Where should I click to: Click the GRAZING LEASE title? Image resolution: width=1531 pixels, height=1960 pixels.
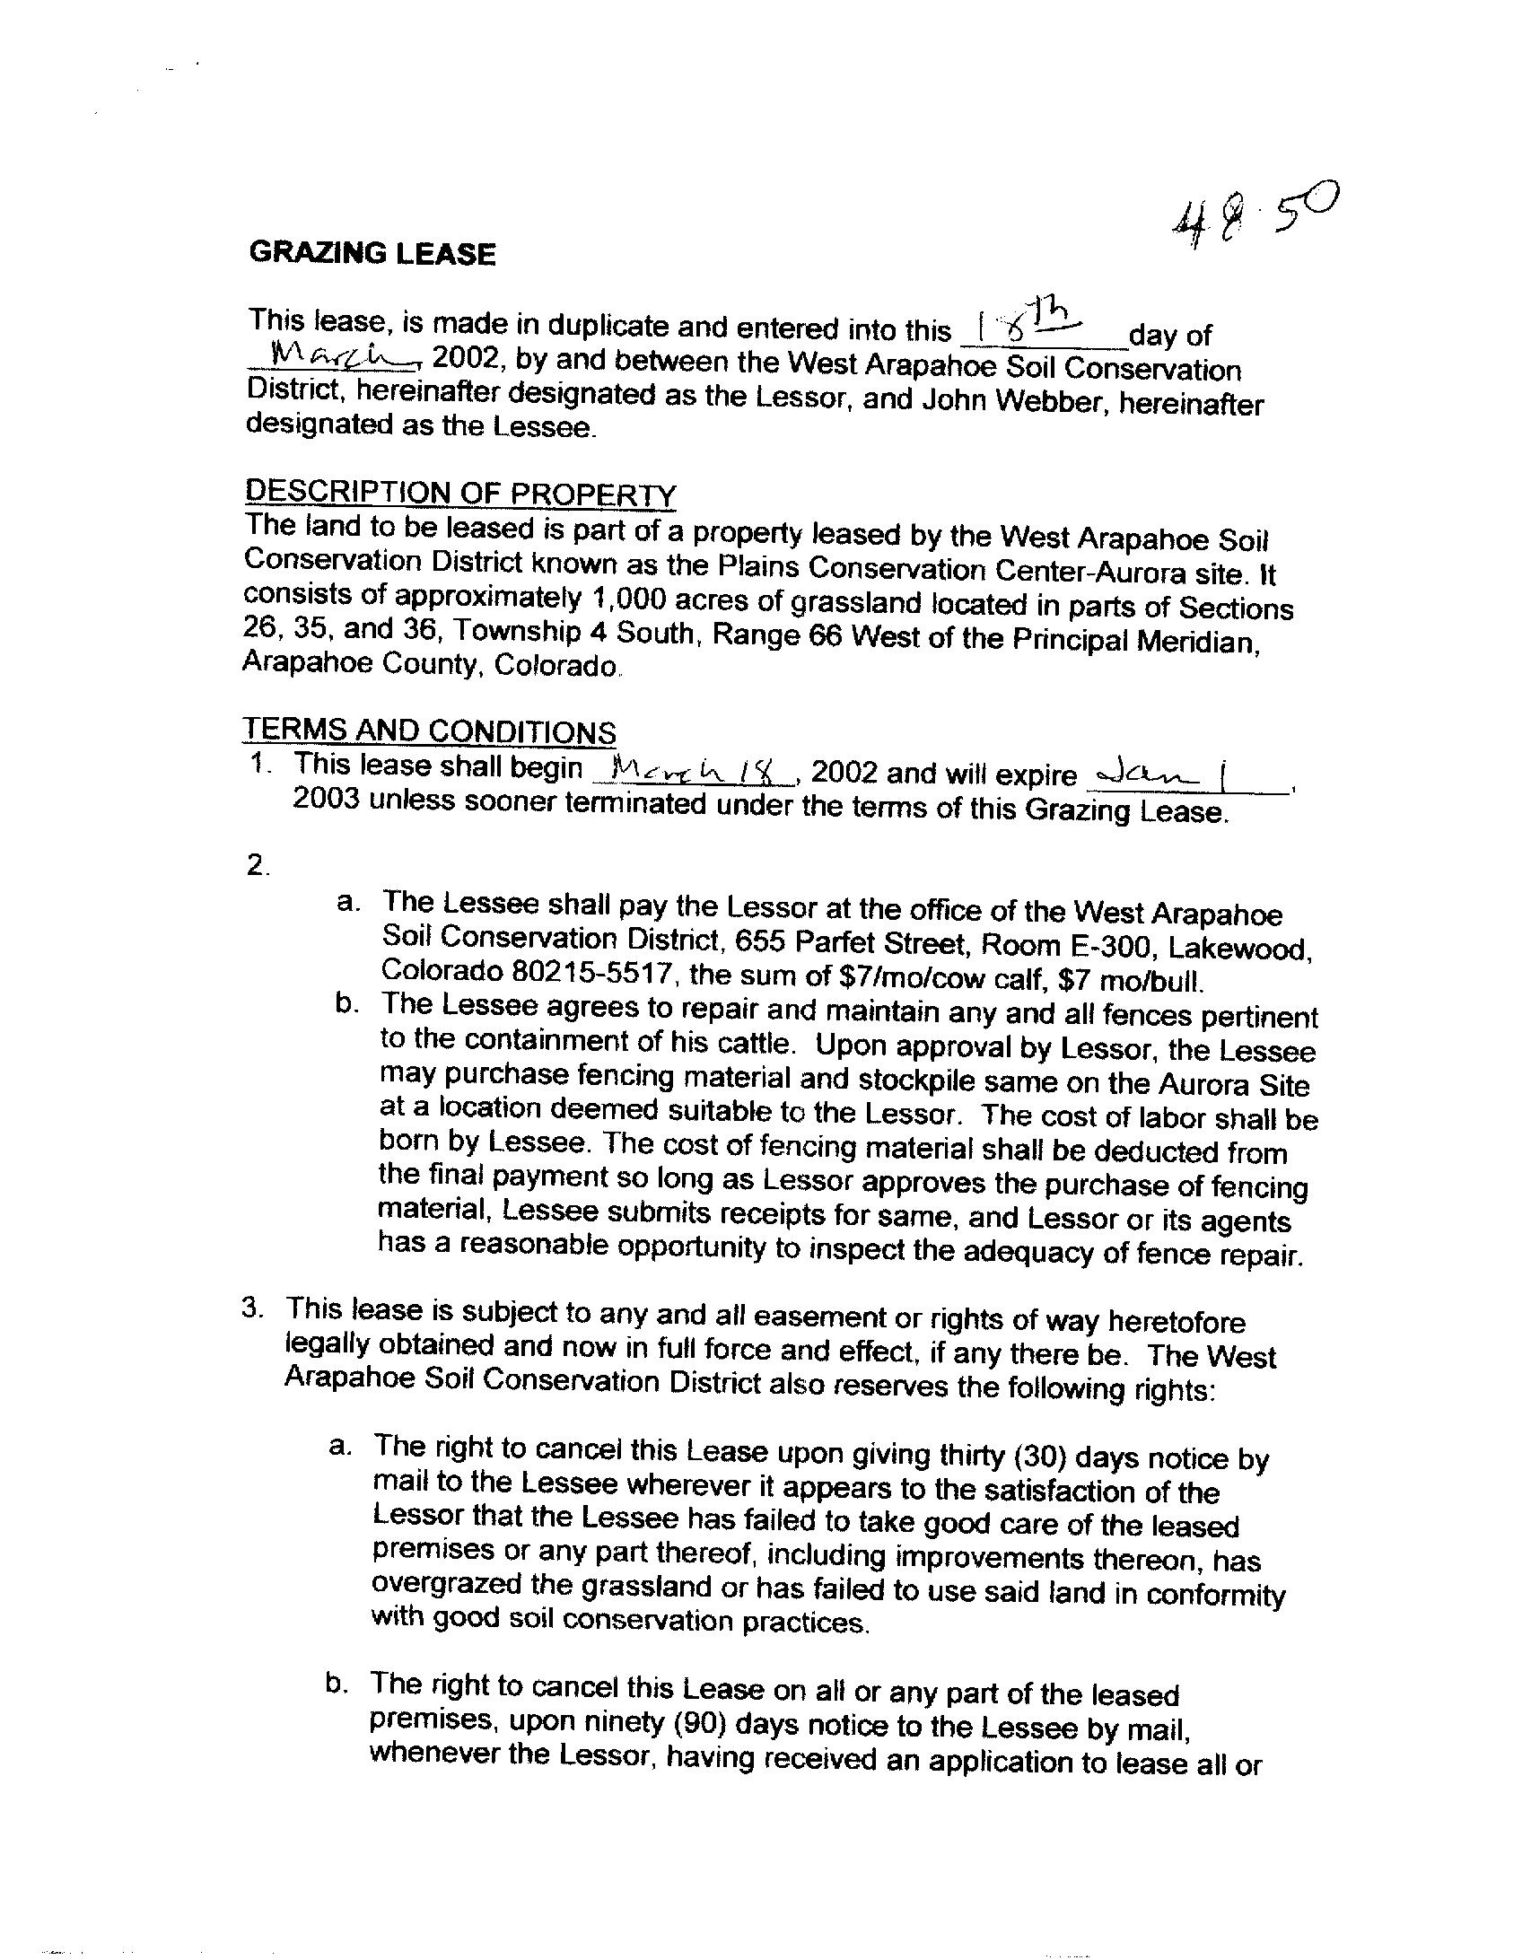(372, 253)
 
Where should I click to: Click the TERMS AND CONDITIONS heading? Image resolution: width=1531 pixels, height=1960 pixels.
(429, 731)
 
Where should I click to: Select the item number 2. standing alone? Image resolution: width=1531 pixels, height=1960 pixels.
(258, 865)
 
